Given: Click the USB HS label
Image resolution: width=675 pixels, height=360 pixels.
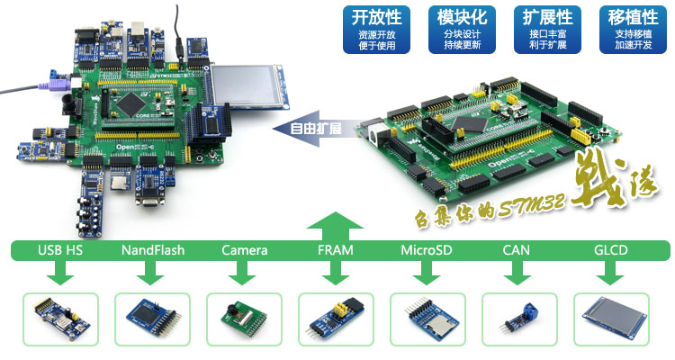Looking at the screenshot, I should click(61, 249).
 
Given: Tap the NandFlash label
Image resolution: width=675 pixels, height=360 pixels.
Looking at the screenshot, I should click(152, 249).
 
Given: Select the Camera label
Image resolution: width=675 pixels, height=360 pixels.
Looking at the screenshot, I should click(244, 249).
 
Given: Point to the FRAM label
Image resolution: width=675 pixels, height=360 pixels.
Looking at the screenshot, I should click(336, 249).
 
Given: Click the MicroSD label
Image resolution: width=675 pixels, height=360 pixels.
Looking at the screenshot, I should click(427, 249).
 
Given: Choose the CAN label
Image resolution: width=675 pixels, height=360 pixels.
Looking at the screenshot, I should click(519, 249).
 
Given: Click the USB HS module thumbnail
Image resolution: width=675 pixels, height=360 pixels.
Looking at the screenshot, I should click(61, 319).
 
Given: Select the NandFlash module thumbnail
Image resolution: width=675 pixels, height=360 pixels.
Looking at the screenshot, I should click(152, 319).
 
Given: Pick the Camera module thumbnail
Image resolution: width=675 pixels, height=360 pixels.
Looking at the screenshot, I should click(244, 319).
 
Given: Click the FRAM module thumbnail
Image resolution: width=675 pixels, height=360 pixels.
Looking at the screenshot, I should click(336, 319).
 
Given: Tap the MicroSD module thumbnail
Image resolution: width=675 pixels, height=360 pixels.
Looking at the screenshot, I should click(427, 319).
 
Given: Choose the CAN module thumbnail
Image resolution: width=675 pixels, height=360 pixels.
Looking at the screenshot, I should click(519, 319).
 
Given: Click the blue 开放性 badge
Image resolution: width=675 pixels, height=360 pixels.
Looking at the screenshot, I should click(373, 30).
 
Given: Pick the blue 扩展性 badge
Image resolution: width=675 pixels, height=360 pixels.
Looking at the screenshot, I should click(548, 30).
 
